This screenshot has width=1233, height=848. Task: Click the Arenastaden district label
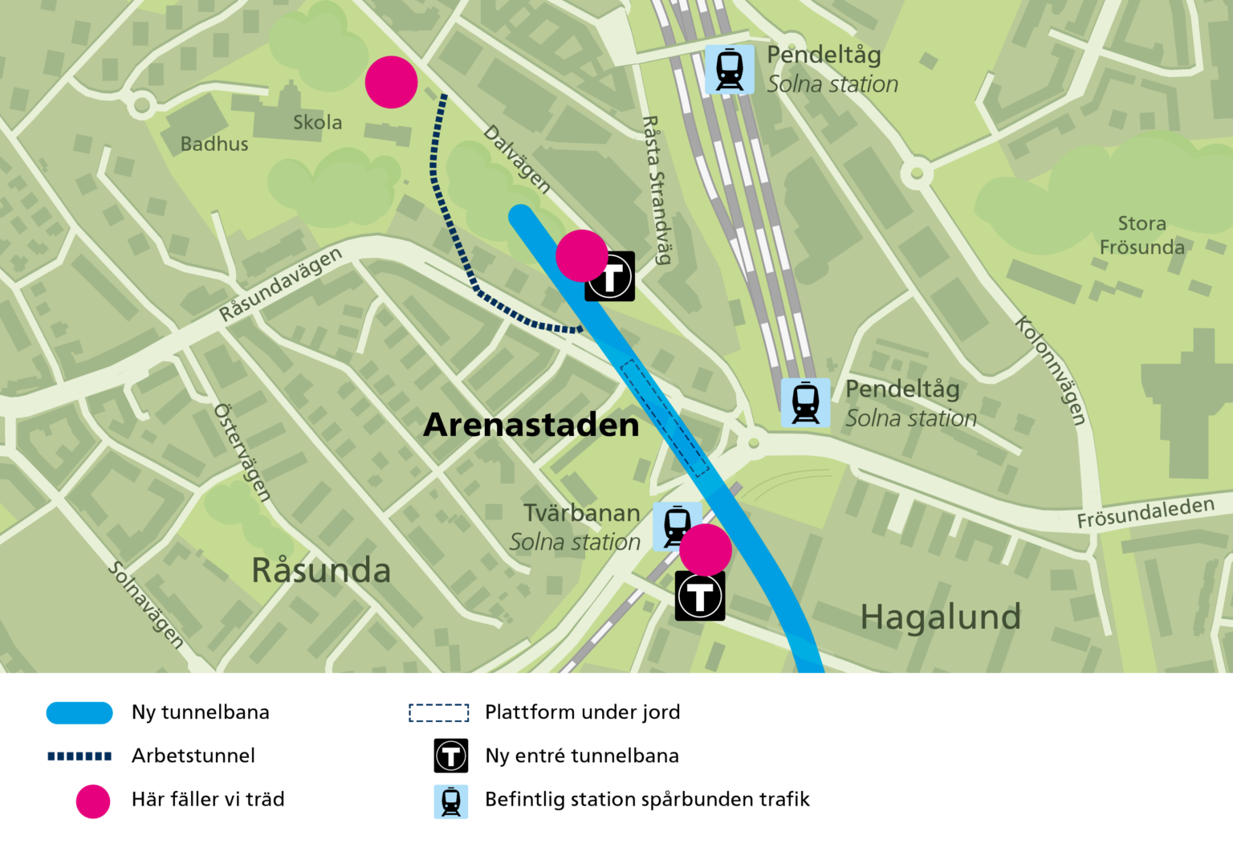coord(531,425)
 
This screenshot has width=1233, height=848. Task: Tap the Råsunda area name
coord(321,570)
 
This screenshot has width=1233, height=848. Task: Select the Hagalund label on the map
coord(940,617)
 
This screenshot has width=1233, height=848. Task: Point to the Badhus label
coord(214,144)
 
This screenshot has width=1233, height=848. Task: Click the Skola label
coord(317,122)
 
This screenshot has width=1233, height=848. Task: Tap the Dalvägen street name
coord(517,160)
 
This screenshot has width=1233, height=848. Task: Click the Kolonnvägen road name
coord(1051,370)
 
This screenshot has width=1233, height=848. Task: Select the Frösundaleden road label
coord(1146,513)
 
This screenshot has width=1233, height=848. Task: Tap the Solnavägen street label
coord(147,605)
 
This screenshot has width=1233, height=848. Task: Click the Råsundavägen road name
coord(280,284)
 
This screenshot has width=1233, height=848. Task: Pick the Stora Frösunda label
coord(1141,235)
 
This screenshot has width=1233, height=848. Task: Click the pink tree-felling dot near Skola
coord(392,82)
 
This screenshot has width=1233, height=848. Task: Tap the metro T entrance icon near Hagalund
coord(700,596)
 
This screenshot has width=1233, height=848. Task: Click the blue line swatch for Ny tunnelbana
coord(79,713)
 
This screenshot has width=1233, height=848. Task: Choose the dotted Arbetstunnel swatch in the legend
coord(79,756)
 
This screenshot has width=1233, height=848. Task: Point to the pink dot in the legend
coord(93,801)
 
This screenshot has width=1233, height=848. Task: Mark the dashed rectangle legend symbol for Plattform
coord(438,713)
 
